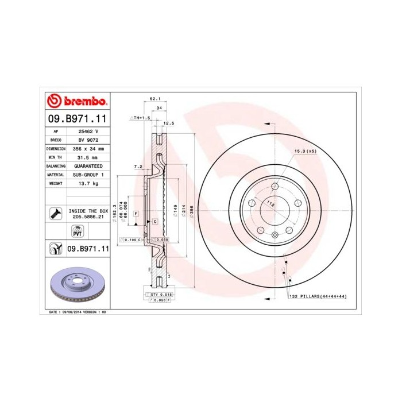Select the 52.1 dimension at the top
coord(154,99)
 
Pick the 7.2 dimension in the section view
coord(138,167)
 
